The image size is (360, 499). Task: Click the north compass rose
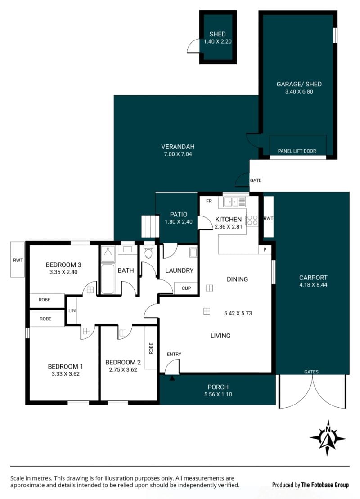[328, 438]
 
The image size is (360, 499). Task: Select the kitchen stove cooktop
[252, 220]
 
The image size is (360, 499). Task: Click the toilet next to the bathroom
[148, 252]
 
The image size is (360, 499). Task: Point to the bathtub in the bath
[108, 279]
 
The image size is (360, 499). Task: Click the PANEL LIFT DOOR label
[297, 151]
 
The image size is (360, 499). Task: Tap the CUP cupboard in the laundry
[186, 288]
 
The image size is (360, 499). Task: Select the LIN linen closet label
[72, 310]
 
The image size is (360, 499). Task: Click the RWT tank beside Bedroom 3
[18, 259]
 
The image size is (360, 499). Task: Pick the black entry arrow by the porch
[172, 378]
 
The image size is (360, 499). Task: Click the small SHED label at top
[218, 34]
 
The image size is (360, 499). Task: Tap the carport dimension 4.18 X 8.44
[313, 285]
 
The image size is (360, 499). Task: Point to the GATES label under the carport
[311, 372]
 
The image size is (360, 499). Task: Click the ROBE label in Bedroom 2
[151, 348]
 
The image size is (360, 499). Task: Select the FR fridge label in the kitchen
[209, 201]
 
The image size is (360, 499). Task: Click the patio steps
[150, 226]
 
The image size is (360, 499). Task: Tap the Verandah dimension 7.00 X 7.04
[178, 154]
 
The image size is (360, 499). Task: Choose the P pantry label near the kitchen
[265, 250]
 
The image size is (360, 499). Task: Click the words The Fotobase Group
[325, 485]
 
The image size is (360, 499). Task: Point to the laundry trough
[193, 252]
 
